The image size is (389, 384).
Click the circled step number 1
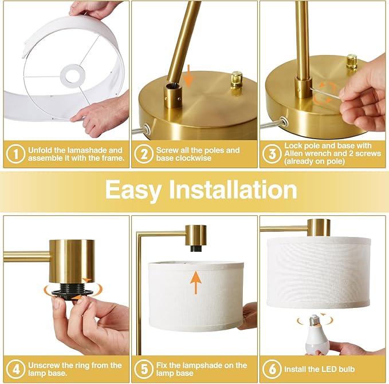point(15,154)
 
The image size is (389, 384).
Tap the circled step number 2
point(143,154)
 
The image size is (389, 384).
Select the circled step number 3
point(272,154)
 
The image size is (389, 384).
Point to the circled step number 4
point(15,369)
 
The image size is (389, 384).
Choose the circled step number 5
point(143,369)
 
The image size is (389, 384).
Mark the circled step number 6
point(272,369)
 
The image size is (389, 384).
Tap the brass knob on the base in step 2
point(236,78)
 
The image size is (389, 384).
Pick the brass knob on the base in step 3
point(351,61)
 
